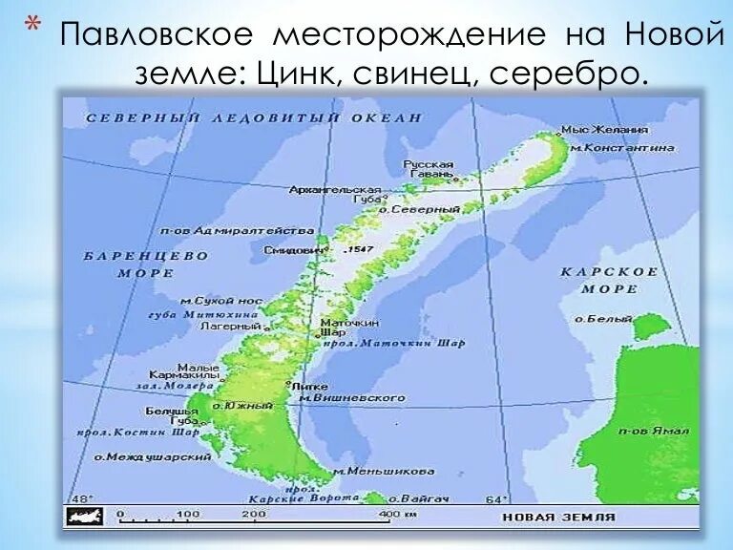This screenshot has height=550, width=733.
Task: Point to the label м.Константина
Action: point(622,148)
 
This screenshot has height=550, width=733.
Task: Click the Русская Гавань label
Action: point(429,170)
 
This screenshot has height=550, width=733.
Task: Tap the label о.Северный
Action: point(427,209)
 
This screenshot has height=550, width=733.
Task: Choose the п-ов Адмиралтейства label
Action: point(237,231)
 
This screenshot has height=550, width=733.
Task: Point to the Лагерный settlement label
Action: point(228,326)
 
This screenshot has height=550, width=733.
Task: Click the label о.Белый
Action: point(597,319)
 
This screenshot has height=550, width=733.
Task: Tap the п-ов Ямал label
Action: point(653,431)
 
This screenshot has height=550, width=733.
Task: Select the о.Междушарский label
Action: point(152,457)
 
